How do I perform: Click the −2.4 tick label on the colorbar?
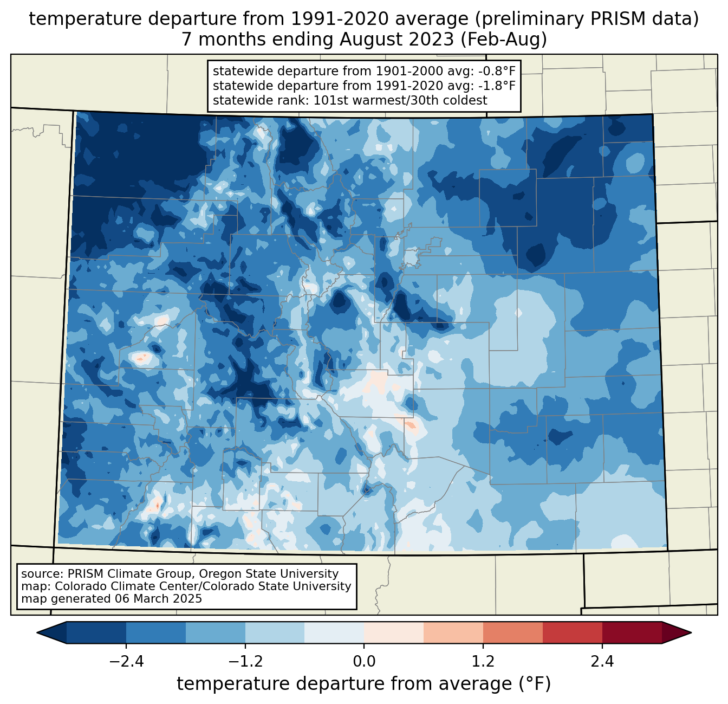pos(126,662)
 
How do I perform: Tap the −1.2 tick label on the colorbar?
pos(245,662)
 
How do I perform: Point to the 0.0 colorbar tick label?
pos(364,662)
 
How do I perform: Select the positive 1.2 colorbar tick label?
pos(483,662)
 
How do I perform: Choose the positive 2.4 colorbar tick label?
pos(602,662)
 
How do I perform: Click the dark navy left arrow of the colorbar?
pos(52,632)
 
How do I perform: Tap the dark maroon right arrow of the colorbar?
pos(677,632)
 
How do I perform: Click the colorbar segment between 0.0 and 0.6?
pos(394,632)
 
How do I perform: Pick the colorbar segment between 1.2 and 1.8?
pos(513,632)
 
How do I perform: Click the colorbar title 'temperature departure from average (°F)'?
pos(364,684)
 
